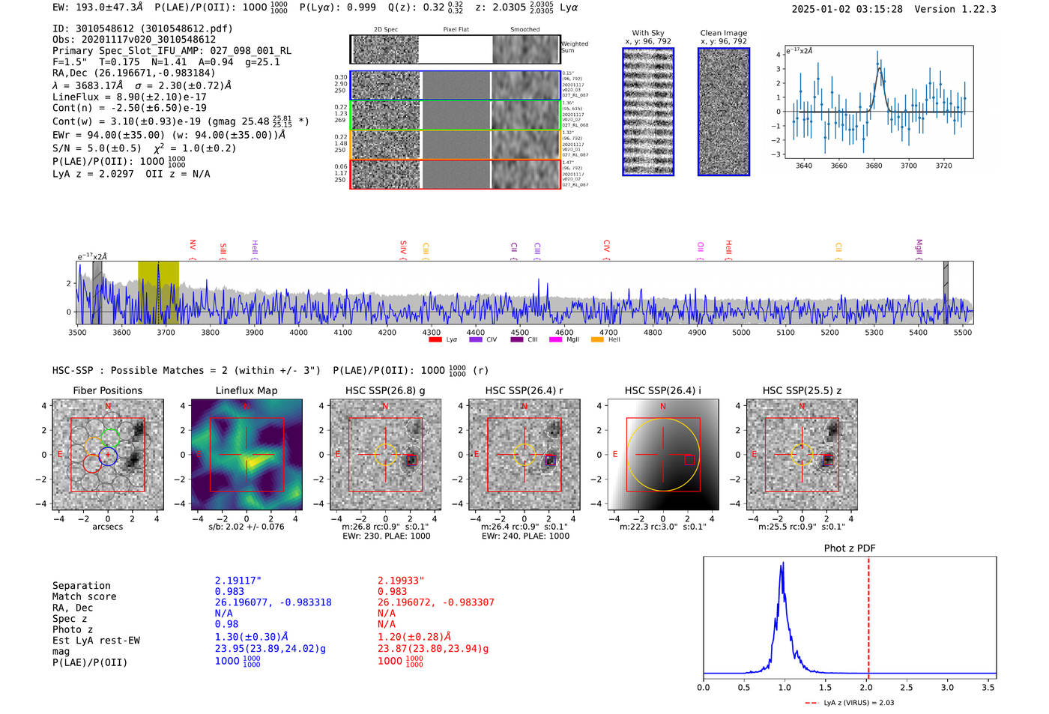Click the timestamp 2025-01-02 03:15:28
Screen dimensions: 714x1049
(x=847, y=9)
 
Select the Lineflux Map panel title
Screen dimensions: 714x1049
(x=246, y=390)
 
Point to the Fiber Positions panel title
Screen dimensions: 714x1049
(x=107, y=390)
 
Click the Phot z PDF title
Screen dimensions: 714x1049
(x=849, y=548)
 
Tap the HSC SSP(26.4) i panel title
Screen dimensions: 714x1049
(x=662, y=390)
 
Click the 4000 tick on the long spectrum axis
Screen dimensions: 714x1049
(x=299, y=332)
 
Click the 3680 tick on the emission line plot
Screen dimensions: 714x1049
(x=874, y=166)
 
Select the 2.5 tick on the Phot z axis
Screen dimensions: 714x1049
(x=907, y=687)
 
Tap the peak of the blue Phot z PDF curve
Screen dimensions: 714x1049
(x=782, y=563)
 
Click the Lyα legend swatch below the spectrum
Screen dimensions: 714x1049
(x=435, y=340)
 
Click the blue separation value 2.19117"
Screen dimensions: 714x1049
(x=238, y=581)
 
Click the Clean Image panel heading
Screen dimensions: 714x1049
(x=723, y=33)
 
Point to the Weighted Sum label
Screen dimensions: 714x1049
(x=574, y=47)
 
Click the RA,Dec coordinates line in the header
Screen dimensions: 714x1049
(x=133, y=73)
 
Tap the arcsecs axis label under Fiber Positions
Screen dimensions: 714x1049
(x=107, y=527)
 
